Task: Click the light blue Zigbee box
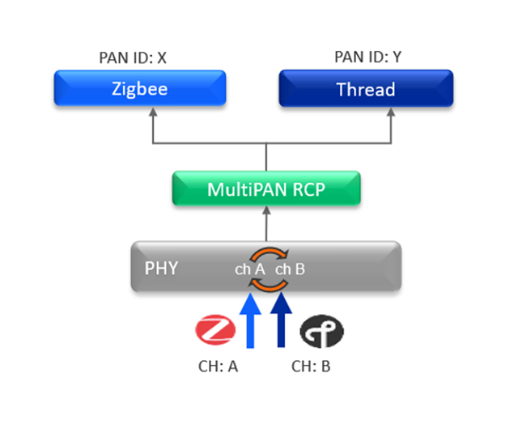139,88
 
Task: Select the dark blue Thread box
366,88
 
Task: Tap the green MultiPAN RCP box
266,189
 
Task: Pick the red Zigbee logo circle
215,329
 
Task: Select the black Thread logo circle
321,331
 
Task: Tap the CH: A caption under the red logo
218,366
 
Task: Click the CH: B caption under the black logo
311,366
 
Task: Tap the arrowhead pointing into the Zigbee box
151,112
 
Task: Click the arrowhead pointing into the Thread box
392,112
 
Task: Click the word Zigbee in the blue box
139,88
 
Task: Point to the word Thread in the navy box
366,89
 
